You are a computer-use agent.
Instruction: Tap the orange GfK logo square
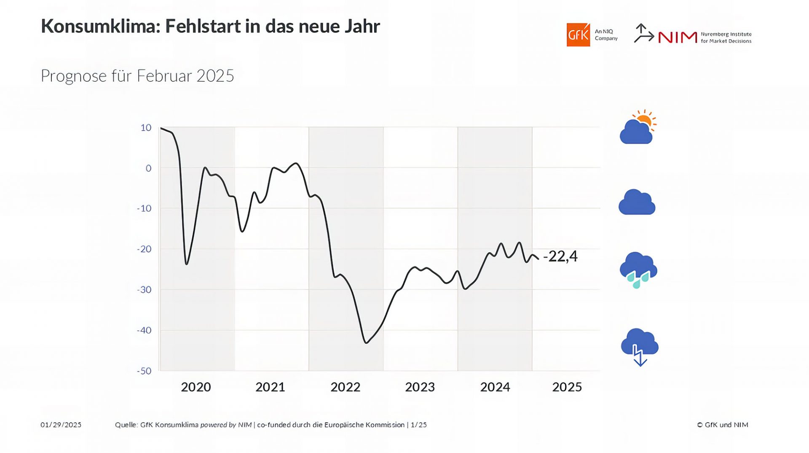click(578, 35)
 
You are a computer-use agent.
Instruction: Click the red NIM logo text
click(678, 38)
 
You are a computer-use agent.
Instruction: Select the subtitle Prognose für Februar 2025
click(137, 76)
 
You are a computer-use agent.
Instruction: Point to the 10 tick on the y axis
click(146, 127)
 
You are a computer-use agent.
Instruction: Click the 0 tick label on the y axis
click(148, 168)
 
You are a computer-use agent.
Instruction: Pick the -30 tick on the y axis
click(144, 290)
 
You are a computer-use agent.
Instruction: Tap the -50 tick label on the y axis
click(144, 371)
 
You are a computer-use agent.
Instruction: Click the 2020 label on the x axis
click(196, 387)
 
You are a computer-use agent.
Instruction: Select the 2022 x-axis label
click(345, 387)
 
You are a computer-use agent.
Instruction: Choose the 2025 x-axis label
click(567, 387)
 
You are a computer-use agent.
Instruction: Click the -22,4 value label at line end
click(560, 256)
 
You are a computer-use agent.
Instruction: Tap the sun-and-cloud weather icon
click(638, 128)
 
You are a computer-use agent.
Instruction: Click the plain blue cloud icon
click(637, 203)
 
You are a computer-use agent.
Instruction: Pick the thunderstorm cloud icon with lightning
click(640, 346)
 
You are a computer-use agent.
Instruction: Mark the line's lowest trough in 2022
click(366, 343)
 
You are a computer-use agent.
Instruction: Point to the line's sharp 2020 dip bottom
click(186, 264)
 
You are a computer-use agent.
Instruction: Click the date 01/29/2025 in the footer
click(61, 425)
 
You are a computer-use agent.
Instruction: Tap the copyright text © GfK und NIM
click(722, 425)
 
